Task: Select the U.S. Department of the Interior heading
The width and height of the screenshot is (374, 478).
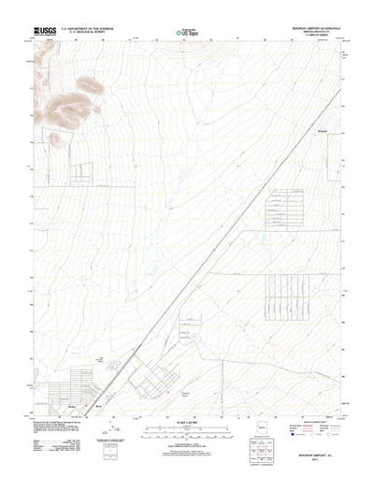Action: click(87, 29)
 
